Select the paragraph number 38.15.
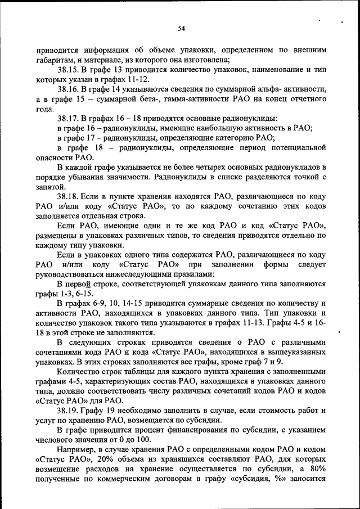point(68,70)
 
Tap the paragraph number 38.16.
point(68,89)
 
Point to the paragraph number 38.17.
point(68,118)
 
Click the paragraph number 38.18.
point(68,196)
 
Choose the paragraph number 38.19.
point(68,410)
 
